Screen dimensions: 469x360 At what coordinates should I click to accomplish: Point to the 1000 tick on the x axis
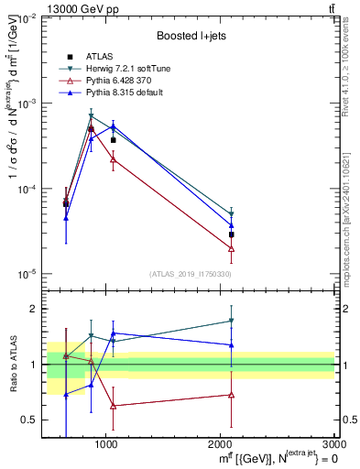(x=106, y=443)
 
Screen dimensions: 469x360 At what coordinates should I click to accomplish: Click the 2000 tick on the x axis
(x=220, y=443)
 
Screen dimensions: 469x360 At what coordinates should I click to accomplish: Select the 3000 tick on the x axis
(x=334, y=443)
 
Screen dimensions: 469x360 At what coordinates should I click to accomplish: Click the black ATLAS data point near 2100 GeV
(x=232, y=234)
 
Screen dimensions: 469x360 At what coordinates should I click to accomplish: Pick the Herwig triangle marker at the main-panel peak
(x=91, y=116)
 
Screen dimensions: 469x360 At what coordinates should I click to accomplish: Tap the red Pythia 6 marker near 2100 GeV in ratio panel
(x=232, y=395)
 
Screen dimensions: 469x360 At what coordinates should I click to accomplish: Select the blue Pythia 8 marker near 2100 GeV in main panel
(x=232, y=225)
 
